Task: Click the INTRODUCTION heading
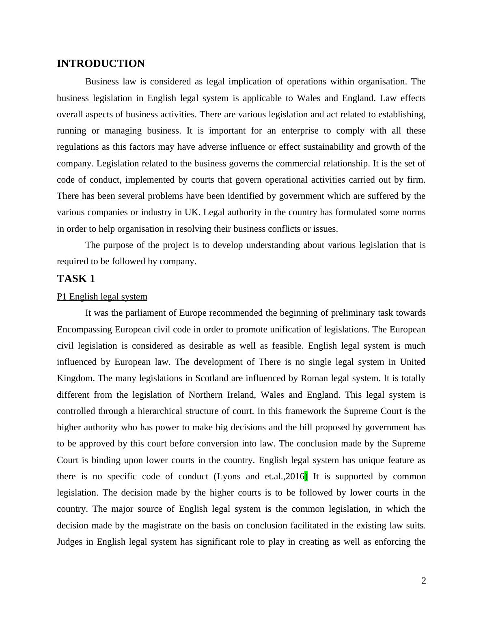tap(101, 64)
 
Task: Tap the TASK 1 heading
tap(76, 279)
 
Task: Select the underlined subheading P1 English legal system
tap(102, 297)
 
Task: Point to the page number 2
tap(424, 581)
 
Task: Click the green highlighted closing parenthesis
tap(306, 476)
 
